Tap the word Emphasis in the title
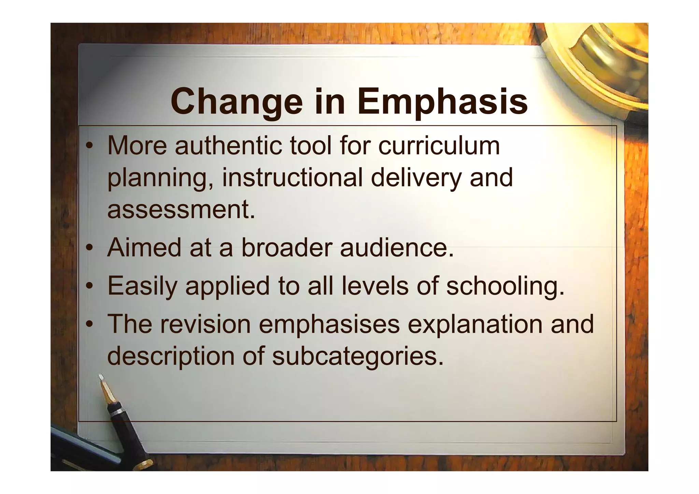[x=442, y=102]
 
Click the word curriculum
[x=439, y=146]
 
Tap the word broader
[x=286, y=248]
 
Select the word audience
[x=397, y=248]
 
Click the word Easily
[x=142, y=286]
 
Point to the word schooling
[x=505, y=286]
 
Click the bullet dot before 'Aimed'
[x=89, y=248]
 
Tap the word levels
[x=375, y=286]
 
